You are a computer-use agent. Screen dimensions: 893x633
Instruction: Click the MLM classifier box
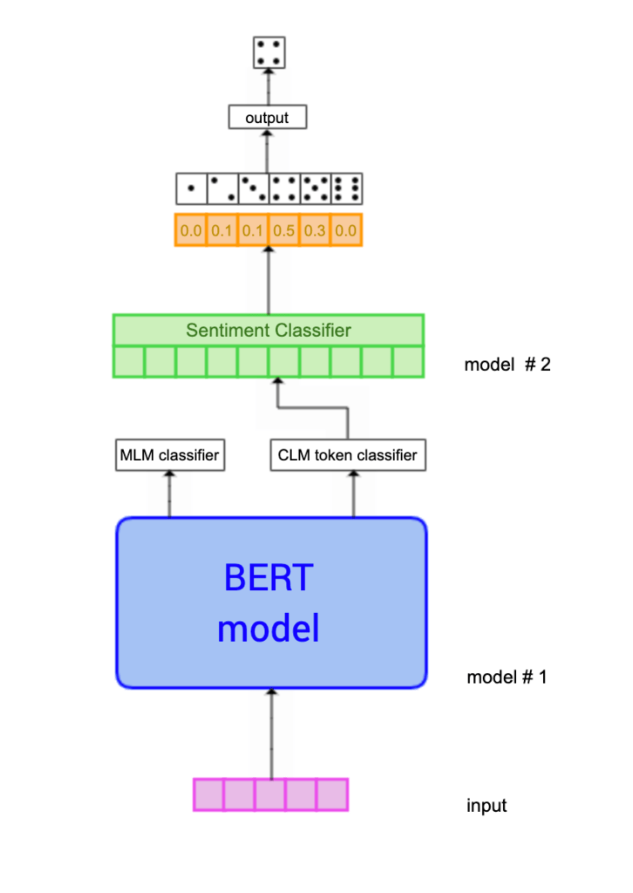pos(168,455)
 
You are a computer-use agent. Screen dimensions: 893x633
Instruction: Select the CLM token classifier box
pos(348,455)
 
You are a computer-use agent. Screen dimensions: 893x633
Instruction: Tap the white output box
pos(268,117)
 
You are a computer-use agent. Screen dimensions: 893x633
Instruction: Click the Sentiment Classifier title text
pos(269,331)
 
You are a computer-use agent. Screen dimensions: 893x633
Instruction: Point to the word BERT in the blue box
pos(268,577)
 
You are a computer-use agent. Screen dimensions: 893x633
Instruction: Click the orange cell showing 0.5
pos(283,230)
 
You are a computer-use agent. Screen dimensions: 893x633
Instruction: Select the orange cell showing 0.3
pos(314,230)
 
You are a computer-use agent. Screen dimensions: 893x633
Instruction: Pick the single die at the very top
pos(269,51)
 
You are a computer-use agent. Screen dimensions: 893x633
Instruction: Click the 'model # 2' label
pos(507,365)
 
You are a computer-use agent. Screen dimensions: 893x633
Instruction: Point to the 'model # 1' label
pos(507,677)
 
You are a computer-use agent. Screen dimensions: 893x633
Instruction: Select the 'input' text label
pos(487,805)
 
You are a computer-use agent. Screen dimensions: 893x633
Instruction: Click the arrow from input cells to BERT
pos(271,733)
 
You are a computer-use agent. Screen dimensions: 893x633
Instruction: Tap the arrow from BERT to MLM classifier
pos(169,494)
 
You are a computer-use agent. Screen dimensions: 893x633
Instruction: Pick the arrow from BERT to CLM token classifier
pos(353,494)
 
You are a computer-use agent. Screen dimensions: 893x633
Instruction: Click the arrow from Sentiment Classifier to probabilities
pos(269,279)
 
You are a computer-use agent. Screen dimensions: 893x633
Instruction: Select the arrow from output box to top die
pos(268,86)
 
